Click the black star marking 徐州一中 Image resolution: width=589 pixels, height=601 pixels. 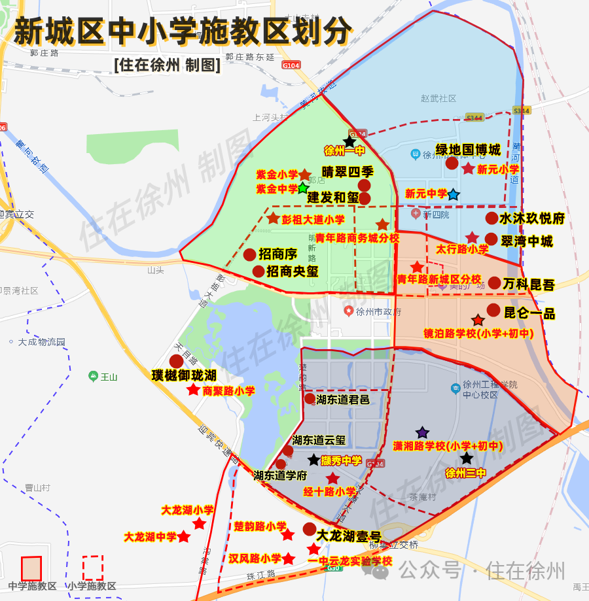coord(350,141)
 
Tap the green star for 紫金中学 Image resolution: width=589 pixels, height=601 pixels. coord(302,188)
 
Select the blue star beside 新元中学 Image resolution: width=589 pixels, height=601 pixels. coord(454,194)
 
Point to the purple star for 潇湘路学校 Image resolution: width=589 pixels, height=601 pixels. coord(423,432)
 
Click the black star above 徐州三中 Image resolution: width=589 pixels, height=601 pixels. coord(467,458)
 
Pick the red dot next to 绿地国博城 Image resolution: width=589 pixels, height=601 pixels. coord(452,163)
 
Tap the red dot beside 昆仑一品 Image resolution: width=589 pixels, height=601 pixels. coord(493,310)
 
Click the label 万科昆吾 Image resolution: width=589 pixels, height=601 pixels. coord(529,284)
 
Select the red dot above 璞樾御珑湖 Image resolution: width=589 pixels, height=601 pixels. coord(176,361)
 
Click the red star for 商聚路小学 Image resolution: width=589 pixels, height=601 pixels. coord(194,390)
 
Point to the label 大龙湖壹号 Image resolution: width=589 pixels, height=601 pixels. coord(349,536)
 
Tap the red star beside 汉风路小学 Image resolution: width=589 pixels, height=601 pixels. coord(288,558)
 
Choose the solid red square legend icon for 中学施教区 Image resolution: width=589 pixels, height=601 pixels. coord(31,568)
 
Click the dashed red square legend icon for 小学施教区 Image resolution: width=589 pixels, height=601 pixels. coord(93,568)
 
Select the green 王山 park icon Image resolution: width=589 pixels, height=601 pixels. coord(94,376)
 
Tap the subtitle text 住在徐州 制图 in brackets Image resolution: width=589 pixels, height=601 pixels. coord(167,65)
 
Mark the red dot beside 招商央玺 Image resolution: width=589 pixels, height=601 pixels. coord(259,271)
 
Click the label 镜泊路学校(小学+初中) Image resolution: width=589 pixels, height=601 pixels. coord(478,334)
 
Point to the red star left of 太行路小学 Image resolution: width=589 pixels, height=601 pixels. coord(473,237)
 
